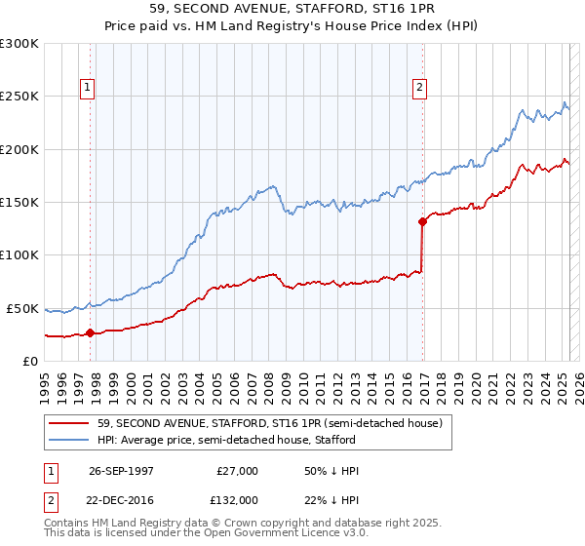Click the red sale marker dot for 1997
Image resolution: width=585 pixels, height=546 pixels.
pyautogui.click(x=90, y=332)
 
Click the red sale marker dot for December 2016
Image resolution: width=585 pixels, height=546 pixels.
pyautogui.click(x=422, y=221)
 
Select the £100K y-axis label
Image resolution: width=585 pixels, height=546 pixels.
pyautogui.click(x=19, y=255)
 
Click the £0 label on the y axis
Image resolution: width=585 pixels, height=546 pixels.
pyautogui.click(x=30, y=361)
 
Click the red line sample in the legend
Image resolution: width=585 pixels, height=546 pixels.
pyautogui.click(x=70, y=423)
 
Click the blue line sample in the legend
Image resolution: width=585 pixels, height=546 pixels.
pyautogui.click(x=70, y=440)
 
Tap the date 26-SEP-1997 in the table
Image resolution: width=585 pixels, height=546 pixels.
pyautogui.click(x=123, y=472)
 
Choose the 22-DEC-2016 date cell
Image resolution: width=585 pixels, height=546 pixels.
pyautogui.click(x=123, y=500)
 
